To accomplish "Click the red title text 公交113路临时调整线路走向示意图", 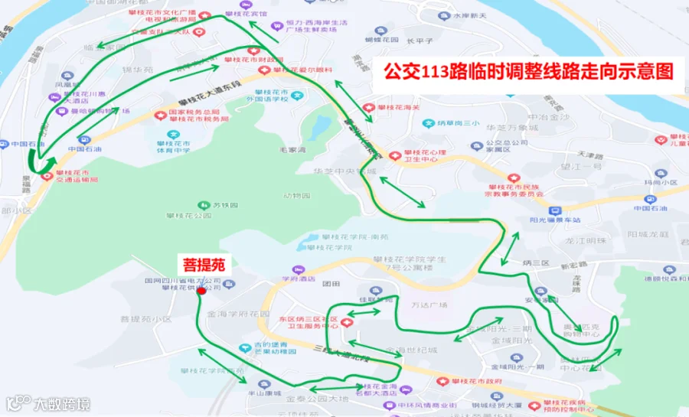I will pyautogui.click(x=527, y=71).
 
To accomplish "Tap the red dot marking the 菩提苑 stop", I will pyautogui.click(x=201, y=291).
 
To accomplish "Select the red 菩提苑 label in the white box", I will pyautogui.click(x=203, y=265).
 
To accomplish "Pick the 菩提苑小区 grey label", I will pyautogui.click(x=145, y=319).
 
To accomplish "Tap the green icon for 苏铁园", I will pyautogui.click(x=204, y=205).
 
